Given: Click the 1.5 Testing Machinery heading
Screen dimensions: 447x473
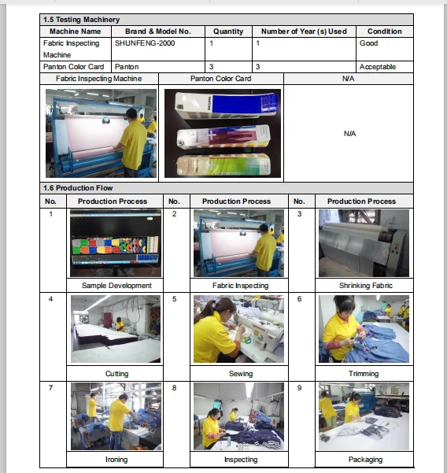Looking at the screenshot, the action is click(81, 20).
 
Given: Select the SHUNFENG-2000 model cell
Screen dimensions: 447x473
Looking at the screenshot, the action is click(145, 43).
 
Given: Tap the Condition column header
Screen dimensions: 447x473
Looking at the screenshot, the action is click(385, 31).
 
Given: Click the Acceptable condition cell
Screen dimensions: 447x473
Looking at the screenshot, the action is click(378, 67).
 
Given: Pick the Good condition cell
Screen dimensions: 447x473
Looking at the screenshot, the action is click(368, 43).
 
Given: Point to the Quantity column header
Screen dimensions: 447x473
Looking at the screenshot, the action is click(228, 31).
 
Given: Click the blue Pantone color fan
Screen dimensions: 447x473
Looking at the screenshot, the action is click(227, 105).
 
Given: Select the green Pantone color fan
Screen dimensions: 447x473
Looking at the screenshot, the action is click(223, 164).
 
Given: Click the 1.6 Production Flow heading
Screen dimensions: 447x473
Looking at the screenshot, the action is click(78, 188).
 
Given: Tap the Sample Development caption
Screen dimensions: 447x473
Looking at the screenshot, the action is click(116, 286).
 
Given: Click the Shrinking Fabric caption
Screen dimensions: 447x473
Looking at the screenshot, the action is click(366, 286).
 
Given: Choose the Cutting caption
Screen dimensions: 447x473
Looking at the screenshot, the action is click(116, 374).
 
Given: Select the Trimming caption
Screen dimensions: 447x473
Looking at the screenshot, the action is click(364, 374).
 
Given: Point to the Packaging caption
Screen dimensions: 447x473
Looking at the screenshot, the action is click(366, 460).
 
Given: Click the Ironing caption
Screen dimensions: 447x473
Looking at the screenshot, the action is click(116, 460).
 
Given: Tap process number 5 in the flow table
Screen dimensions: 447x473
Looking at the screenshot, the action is click(175, 299).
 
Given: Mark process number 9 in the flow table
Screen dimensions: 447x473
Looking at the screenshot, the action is click(299, 388).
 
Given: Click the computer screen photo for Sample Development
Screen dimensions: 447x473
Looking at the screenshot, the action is click(116, 243).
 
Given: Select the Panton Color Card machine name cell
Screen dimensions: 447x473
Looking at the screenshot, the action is click(74, 67).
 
